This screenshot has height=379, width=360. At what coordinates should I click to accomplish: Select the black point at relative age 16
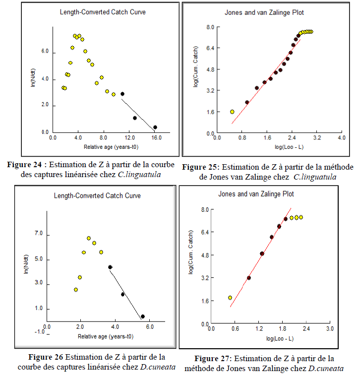click(155, 127)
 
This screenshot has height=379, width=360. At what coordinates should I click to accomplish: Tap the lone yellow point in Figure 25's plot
click(232, 112)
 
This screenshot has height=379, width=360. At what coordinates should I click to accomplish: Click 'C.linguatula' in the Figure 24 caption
click(150, 174)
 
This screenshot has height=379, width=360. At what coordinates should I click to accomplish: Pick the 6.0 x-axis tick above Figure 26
click(150, 326)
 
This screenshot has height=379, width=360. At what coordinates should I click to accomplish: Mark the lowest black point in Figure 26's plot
click(143, 316)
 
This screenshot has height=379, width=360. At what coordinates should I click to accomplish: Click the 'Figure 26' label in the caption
click(46, 357)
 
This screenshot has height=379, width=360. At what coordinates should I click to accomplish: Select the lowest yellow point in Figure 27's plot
click(230, 298)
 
